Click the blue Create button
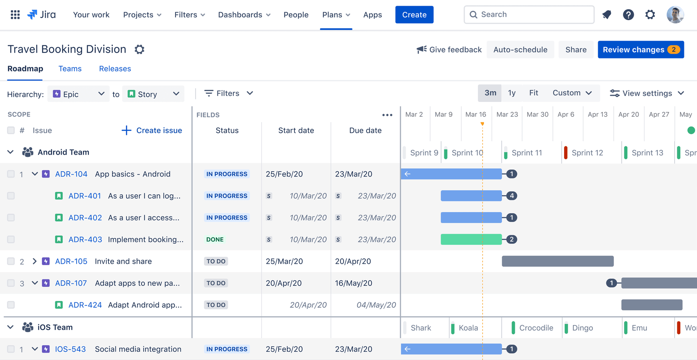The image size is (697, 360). [x=414, y=15]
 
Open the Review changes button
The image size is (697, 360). [x=640, y=50]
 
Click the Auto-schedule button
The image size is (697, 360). [x=520, y=50]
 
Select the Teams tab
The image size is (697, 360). [x=70, y=69]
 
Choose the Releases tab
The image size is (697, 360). [x=115, y=69]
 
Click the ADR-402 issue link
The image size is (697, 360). [x=85, y=217]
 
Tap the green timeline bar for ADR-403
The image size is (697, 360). [x=471, y=239]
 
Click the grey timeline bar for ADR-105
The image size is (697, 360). [x=558, y=261]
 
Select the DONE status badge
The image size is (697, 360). [x=215, y=239]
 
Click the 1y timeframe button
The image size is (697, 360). [x=512, y=93]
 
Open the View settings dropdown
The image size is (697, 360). [x=647, y=93]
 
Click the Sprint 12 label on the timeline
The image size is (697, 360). [x=587, y=153]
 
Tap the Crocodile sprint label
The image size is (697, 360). [x=536, y=328]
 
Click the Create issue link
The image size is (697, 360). [x=152, y=130]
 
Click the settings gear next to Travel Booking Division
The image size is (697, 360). [x=139, y=49]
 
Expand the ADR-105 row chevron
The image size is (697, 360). [x=34, y=261]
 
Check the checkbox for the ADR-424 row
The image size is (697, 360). [x=11, y=305]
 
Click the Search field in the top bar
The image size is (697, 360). [x=529, y=15]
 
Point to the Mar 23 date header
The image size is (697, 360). [x=507, y=114]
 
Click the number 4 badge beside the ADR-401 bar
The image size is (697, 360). [x=512, y=196]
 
